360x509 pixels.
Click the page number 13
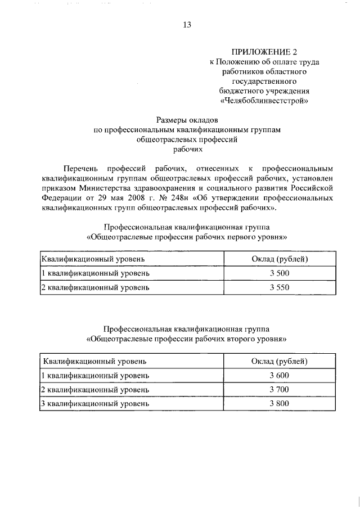point(187,24)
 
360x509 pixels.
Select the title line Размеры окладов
point(187,119)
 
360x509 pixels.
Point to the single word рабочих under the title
point(187,150)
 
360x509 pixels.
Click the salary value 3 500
point(279,273)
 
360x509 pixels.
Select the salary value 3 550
point(279,288)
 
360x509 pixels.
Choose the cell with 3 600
point(279,375)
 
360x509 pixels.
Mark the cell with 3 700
point(279,389)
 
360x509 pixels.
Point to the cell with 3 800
point(279,403)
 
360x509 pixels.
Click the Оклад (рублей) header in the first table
point(279,259)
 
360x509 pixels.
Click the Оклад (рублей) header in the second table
point(279,361)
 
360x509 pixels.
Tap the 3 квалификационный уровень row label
point(96,404)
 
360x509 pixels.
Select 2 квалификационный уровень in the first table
point(96,288)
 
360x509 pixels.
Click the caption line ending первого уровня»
point(187,237)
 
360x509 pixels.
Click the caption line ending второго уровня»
point(187,339)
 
